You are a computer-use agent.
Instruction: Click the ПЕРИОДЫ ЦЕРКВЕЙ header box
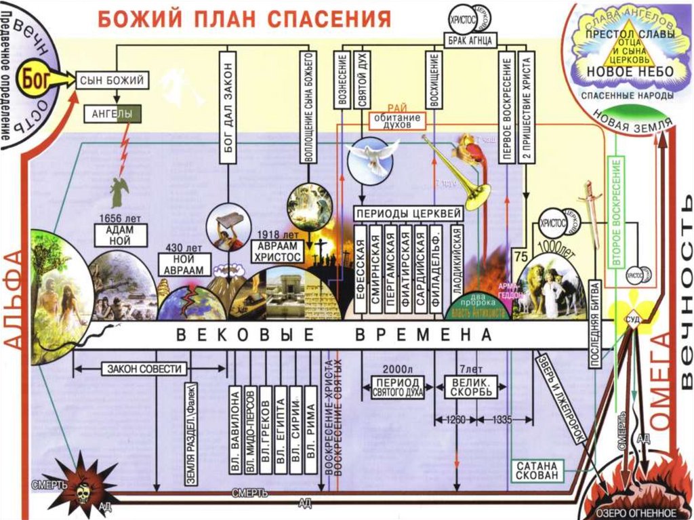click(409, 212)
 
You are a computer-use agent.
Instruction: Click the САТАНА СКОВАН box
click(537, 471)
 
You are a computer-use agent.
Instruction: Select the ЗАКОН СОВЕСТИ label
click(144, 369)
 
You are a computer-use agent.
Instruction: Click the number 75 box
click(521, 256)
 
